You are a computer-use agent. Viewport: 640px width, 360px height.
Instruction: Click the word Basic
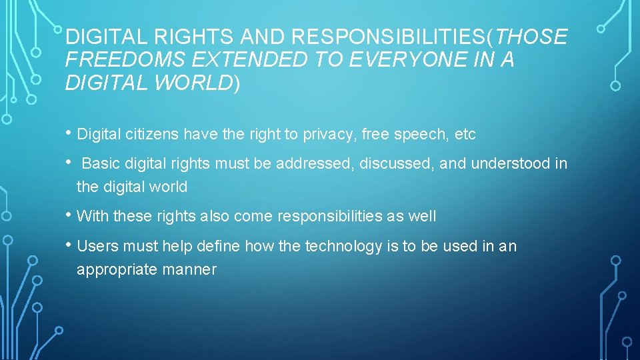pos(100,163)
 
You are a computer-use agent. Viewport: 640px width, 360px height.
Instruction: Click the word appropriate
pos(116,270)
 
